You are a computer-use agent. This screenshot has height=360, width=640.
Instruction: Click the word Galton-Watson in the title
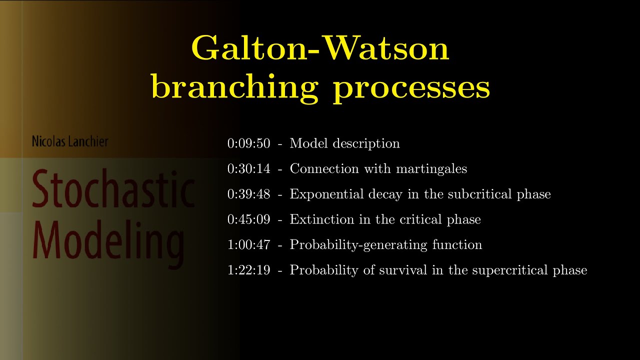click(x=320, y=49)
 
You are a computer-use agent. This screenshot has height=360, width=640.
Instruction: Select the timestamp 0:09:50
click(x=248, y=144)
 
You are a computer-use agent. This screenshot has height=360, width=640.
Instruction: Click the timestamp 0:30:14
click(x=248, y=169)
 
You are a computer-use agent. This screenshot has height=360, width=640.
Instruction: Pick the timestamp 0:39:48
click(x=248, y=194)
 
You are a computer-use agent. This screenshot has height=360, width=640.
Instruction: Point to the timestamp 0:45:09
click(x=248, y=219)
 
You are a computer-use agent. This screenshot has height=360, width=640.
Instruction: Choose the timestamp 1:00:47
click(x=248, y=245)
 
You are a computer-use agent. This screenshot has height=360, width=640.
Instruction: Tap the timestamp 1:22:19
click(x=248, y=270)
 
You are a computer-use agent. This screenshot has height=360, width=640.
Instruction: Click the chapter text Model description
click(x=344, y=144)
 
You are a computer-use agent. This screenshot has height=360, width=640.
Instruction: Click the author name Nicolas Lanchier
click(x=70, y=141)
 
